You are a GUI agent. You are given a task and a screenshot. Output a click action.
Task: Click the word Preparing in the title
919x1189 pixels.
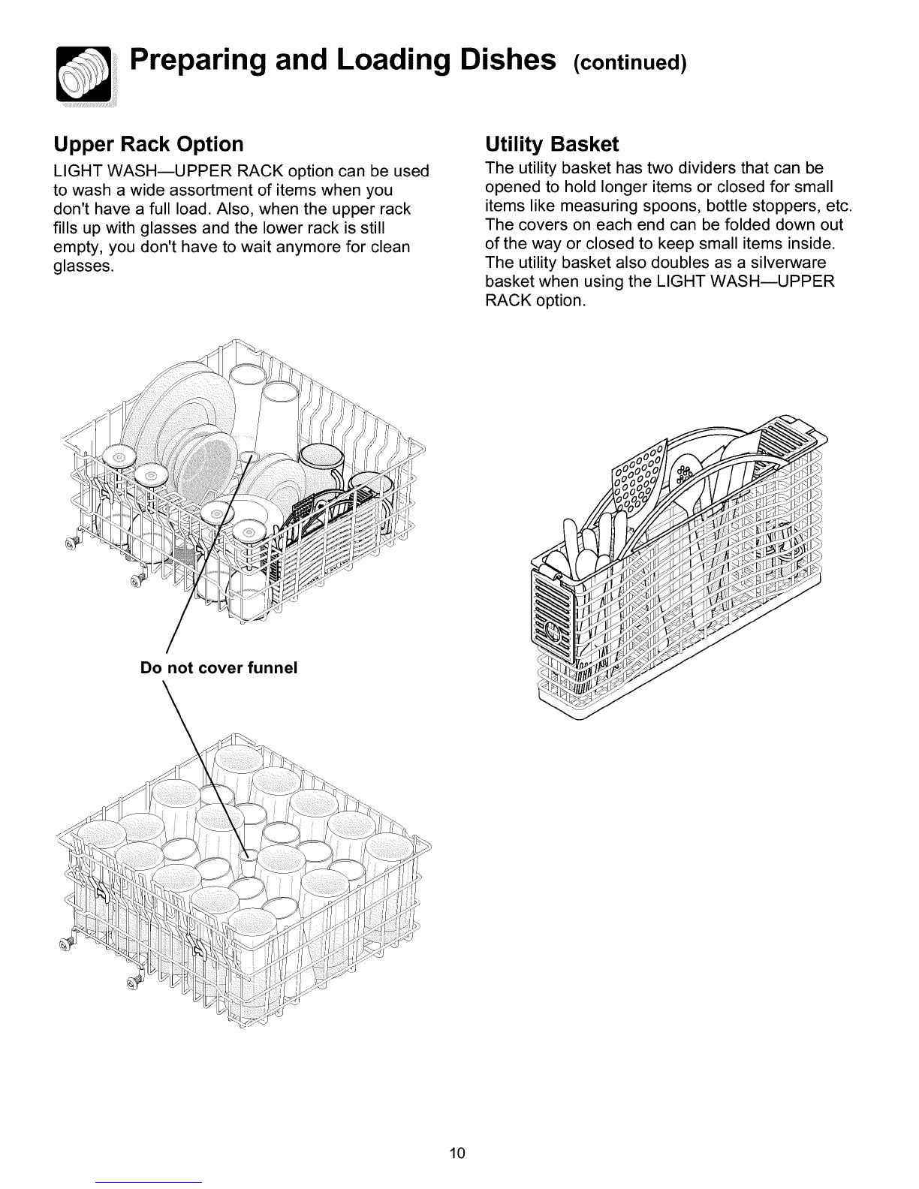(x=199, y=62)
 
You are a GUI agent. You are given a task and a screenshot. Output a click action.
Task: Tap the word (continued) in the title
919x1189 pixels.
(x=629, y=63)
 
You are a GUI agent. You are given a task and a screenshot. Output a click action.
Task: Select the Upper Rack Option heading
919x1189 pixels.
(x=149, y=144)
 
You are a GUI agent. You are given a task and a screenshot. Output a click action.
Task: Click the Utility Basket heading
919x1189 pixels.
(x=552, y=144)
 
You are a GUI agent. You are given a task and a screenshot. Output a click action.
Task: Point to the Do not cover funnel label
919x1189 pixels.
(x=218, y=667)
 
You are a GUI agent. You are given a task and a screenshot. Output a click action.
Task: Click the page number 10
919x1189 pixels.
(x=457, y=1153)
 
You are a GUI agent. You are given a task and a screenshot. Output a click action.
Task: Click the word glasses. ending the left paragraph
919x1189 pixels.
(x=84, y=266)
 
